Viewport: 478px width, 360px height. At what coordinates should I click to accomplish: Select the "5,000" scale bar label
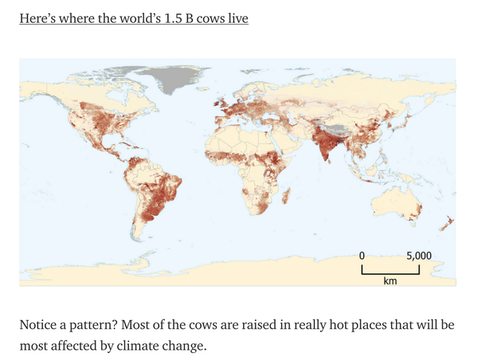(x=418, y=256)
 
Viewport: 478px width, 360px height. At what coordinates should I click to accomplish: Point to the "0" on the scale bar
(x=362, y=256)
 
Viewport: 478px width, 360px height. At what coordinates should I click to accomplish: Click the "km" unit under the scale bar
(x=390, y=281)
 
